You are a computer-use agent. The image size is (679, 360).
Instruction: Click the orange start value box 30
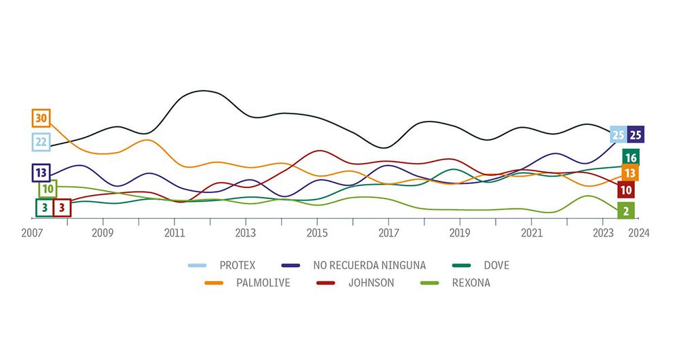click(x=41, y=118)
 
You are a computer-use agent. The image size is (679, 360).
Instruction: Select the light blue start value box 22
click(x=41, y=141)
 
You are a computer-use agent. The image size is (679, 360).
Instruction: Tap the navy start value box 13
click(x=41, y=173)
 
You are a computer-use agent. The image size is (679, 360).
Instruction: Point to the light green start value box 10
click(x=48, y=189)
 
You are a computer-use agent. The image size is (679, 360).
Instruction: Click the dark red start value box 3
click(x=62, y=207)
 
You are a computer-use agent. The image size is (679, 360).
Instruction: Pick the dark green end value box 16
click(x=630, y=158)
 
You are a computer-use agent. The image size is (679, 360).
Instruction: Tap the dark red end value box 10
click(x=627, y=190)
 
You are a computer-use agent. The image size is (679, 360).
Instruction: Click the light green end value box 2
click(x=625, y=211)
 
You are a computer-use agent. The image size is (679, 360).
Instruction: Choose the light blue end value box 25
click(x=619, y=134)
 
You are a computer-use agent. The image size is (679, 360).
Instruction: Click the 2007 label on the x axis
click(x=31, y=232)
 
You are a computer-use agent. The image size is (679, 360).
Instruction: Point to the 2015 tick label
click(x=317, y=232)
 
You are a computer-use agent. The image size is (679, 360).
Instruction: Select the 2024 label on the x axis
click(x=639, y=232)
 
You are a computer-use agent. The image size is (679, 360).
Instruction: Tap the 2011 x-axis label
click(x=175, y=232)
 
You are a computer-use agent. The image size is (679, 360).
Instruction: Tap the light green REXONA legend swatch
click(x=430, y=283)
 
